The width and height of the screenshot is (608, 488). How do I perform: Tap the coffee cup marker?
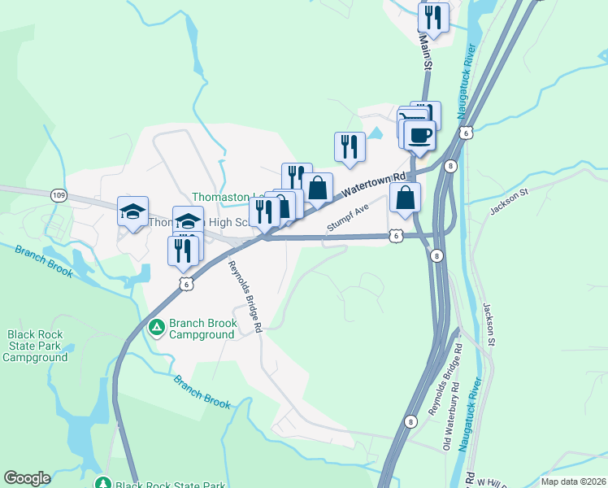tap(419, 135)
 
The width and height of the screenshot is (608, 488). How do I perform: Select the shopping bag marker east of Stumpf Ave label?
tap(405, 197)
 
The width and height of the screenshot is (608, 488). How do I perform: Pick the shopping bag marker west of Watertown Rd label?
tap(318, 188)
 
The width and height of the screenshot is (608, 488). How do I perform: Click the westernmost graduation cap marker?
tap(132, 211)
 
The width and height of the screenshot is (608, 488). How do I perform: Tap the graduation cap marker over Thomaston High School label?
tap(189, 220)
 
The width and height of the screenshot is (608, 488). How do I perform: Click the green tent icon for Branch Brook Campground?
tap(157, 329)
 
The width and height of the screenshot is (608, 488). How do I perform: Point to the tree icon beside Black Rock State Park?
tap(103, 484)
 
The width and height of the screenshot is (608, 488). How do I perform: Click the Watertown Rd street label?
tap(375, 185)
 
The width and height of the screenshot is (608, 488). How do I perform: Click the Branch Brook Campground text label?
tap(203, 329)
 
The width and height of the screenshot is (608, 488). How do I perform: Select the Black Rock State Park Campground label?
tap(37, 346)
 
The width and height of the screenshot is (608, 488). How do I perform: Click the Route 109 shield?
tap(58, 195)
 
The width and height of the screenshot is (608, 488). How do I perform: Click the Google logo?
tap(27, 478)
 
